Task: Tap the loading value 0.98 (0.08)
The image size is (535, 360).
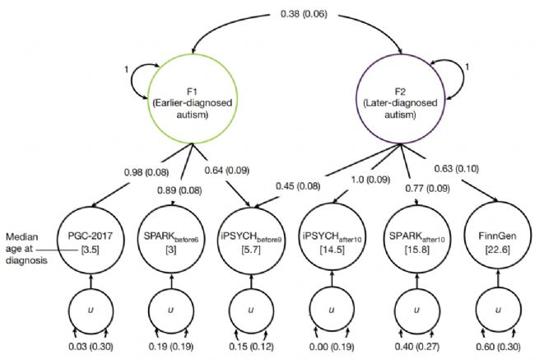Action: tap(105, 172)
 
